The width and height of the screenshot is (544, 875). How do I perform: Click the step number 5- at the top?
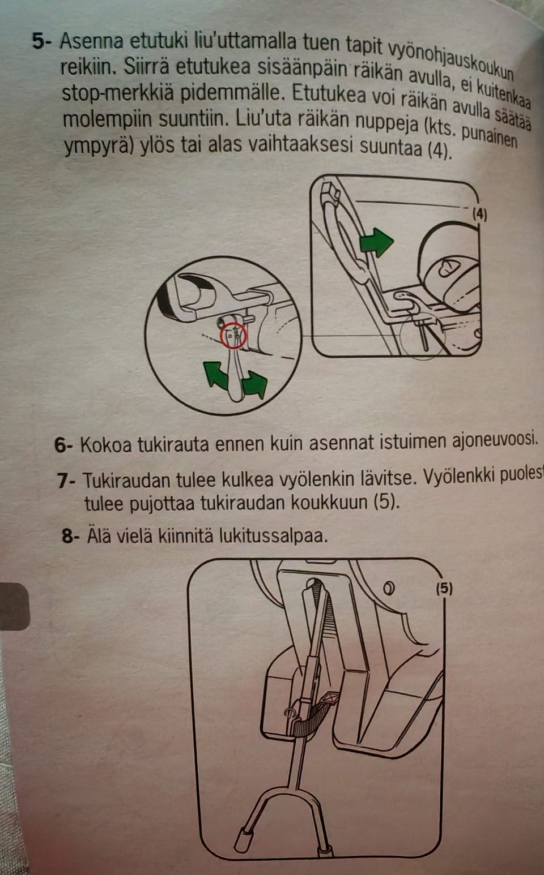pyautogui.click(x=44, y=41)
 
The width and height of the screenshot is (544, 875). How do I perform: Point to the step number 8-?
pyautogui.click(x=71, y=537)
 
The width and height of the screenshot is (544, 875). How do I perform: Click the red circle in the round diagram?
pyautogui.click(x=233, y=336)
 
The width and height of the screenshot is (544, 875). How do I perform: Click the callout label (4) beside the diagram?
pyautogui.click(x=479, y=215)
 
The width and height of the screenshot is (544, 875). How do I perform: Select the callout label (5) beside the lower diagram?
pyautogui.click(x=444, y=588)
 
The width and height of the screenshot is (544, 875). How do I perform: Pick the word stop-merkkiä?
pyautogui.click(x=117, y=94)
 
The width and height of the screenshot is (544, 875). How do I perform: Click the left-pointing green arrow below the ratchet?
pyautogui.click(x=215, y=374)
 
